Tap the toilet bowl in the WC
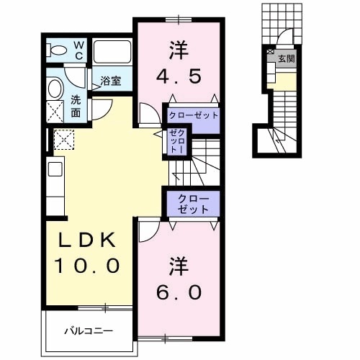click(x=55, y=50)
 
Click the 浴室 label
click(x=109, y=81)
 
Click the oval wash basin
click(x=55, y=89)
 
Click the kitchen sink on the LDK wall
click(x=55, y=171)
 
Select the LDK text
click(x=84, y=240)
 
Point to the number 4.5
click(x=177, y=75)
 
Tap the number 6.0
click(x=177, y=292)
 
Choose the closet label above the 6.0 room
click(x=192, y=204)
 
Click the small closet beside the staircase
click(x=177, y=140)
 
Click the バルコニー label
click(x=89, y=332)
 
